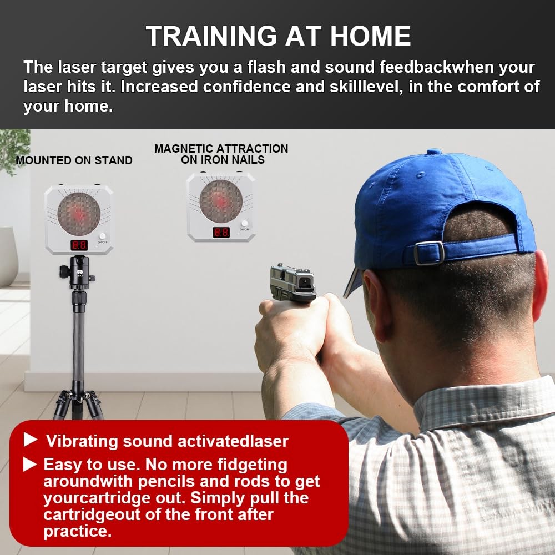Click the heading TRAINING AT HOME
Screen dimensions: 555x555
(278, 36)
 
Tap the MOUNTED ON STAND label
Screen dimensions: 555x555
(74, 160)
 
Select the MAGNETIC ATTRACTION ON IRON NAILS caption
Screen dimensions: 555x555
(221, 154)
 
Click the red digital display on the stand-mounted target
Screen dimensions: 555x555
(78, 244)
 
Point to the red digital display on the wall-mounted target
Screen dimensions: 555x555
(221, 232)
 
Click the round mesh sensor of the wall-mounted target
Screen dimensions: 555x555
(221, 200)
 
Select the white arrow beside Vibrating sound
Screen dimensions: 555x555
(31, 441)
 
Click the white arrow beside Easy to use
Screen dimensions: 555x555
(31, 464)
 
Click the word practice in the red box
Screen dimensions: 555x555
(77, 531)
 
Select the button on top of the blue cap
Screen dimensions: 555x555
(433, 152)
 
